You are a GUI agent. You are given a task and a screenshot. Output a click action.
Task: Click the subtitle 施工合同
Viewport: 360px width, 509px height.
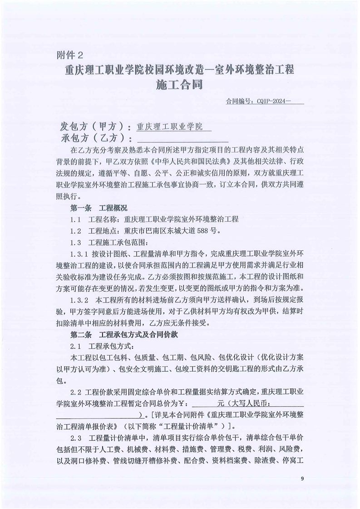[179, 85]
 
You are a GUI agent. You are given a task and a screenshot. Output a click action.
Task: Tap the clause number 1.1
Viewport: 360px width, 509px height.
[76, 219]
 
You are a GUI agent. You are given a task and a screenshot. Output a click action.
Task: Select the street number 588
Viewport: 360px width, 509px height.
[203, 230]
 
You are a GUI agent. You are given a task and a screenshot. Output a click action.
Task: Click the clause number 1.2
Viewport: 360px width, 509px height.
[76, 230]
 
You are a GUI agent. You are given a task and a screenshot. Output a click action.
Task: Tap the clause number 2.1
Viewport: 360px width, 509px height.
[76, 347]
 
